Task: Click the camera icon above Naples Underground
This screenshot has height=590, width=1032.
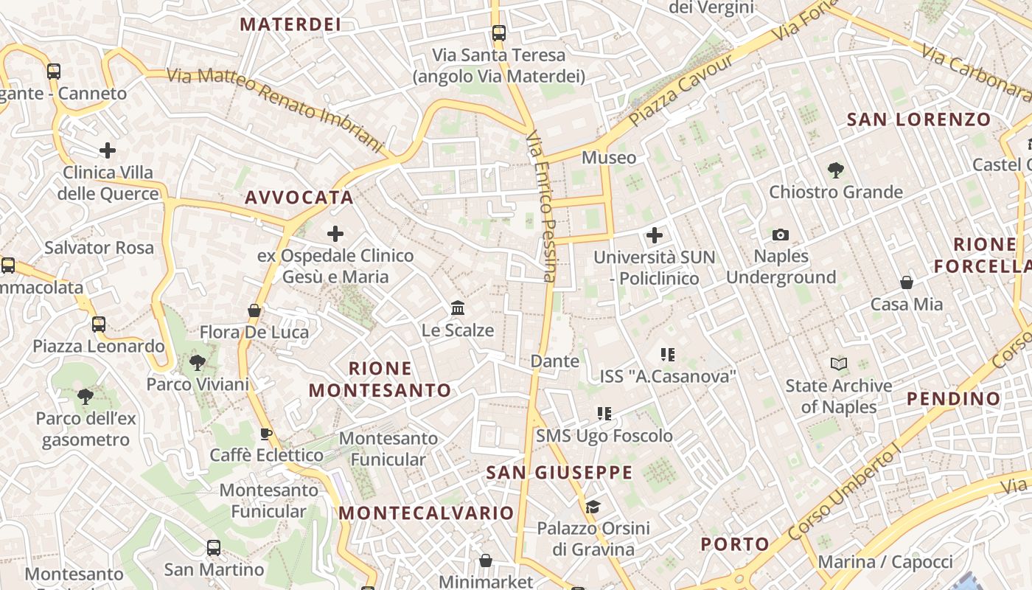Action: (781, 235)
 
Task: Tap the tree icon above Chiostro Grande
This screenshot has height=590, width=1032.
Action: (835, 170)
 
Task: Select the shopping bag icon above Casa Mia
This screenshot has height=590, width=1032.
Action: (907, 282)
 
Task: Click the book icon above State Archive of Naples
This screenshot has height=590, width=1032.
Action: (839, 364)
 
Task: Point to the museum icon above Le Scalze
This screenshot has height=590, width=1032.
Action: (458, 308)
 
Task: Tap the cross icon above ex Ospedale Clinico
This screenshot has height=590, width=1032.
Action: (335, 235)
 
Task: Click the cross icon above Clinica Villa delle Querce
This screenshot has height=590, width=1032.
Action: (108, 150)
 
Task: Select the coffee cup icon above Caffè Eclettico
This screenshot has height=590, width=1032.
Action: (266, 434)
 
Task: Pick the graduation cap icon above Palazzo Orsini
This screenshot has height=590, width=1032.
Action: (593, 507)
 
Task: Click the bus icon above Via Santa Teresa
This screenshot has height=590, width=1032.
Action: (499, 32)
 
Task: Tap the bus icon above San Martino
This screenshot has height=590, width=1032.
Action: (214, 548)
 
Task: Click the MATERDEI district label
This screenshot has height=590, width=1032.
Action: (290, 24)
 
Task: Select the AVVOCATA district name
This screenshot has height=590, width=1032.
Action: (299, 198)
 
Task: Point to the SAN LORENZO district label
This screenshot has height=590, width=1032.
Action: (918, 119)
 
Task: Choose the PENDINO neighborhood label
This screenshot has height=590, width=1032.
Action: (954, 399)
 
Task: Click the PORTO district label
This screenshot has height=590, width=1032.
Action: (735, 544)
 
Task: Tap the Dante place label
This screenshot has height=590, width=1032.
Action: (555, 361)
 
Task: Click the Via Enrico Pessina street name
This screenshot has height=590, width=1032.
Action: (546, 206)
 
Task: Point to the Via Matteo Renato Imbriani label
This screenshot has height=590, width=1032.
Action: (276, 108)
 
